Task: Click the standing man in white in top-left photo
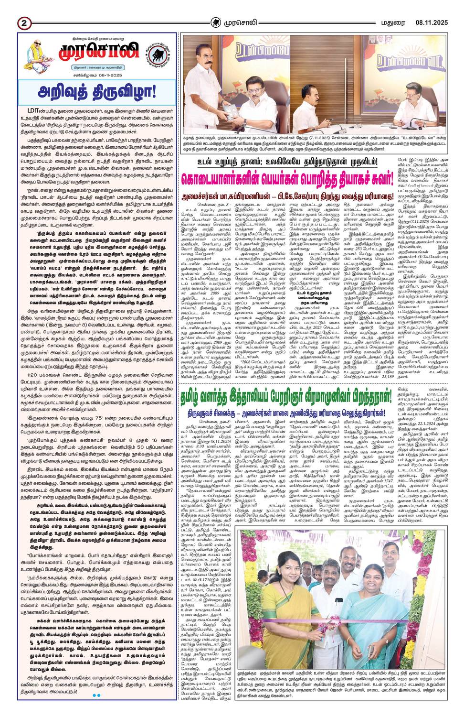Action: (205, 72)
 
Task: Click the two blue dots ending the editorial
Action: (96, 695)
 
